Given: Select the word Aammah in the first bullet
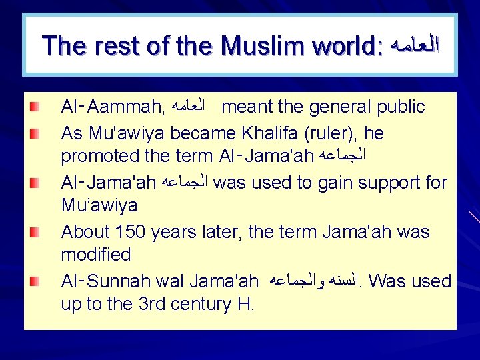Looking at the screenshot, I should (126, 107).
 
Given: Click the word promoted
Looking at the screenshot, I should (97, 158).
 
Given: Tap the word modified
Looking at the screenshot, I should (96, 255).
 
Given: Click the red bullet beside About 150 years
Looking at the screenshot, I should (33, 231).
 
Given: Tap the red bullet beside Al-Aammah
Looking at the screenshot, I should (33, 107).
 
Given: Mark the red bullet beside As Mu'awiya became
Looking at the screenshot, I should (33, 133).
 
